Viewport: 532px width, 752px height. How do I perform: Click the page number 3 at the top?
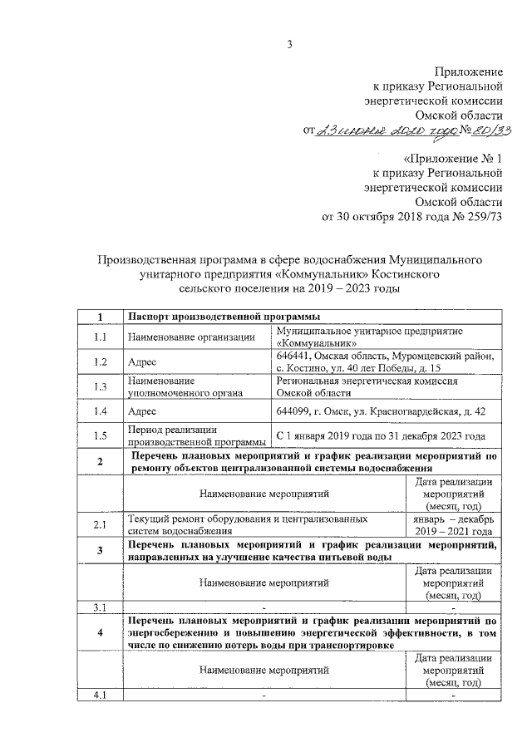pyautogui.click(x=291, y=44)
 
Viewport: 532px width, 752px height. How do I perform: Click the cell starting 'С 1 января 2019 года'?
pyautogui.click(x=381, y=435)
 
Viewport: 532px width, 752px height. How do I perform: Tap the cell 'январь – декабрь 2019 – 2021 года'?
pyautogui.click(x=454, y=525)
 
